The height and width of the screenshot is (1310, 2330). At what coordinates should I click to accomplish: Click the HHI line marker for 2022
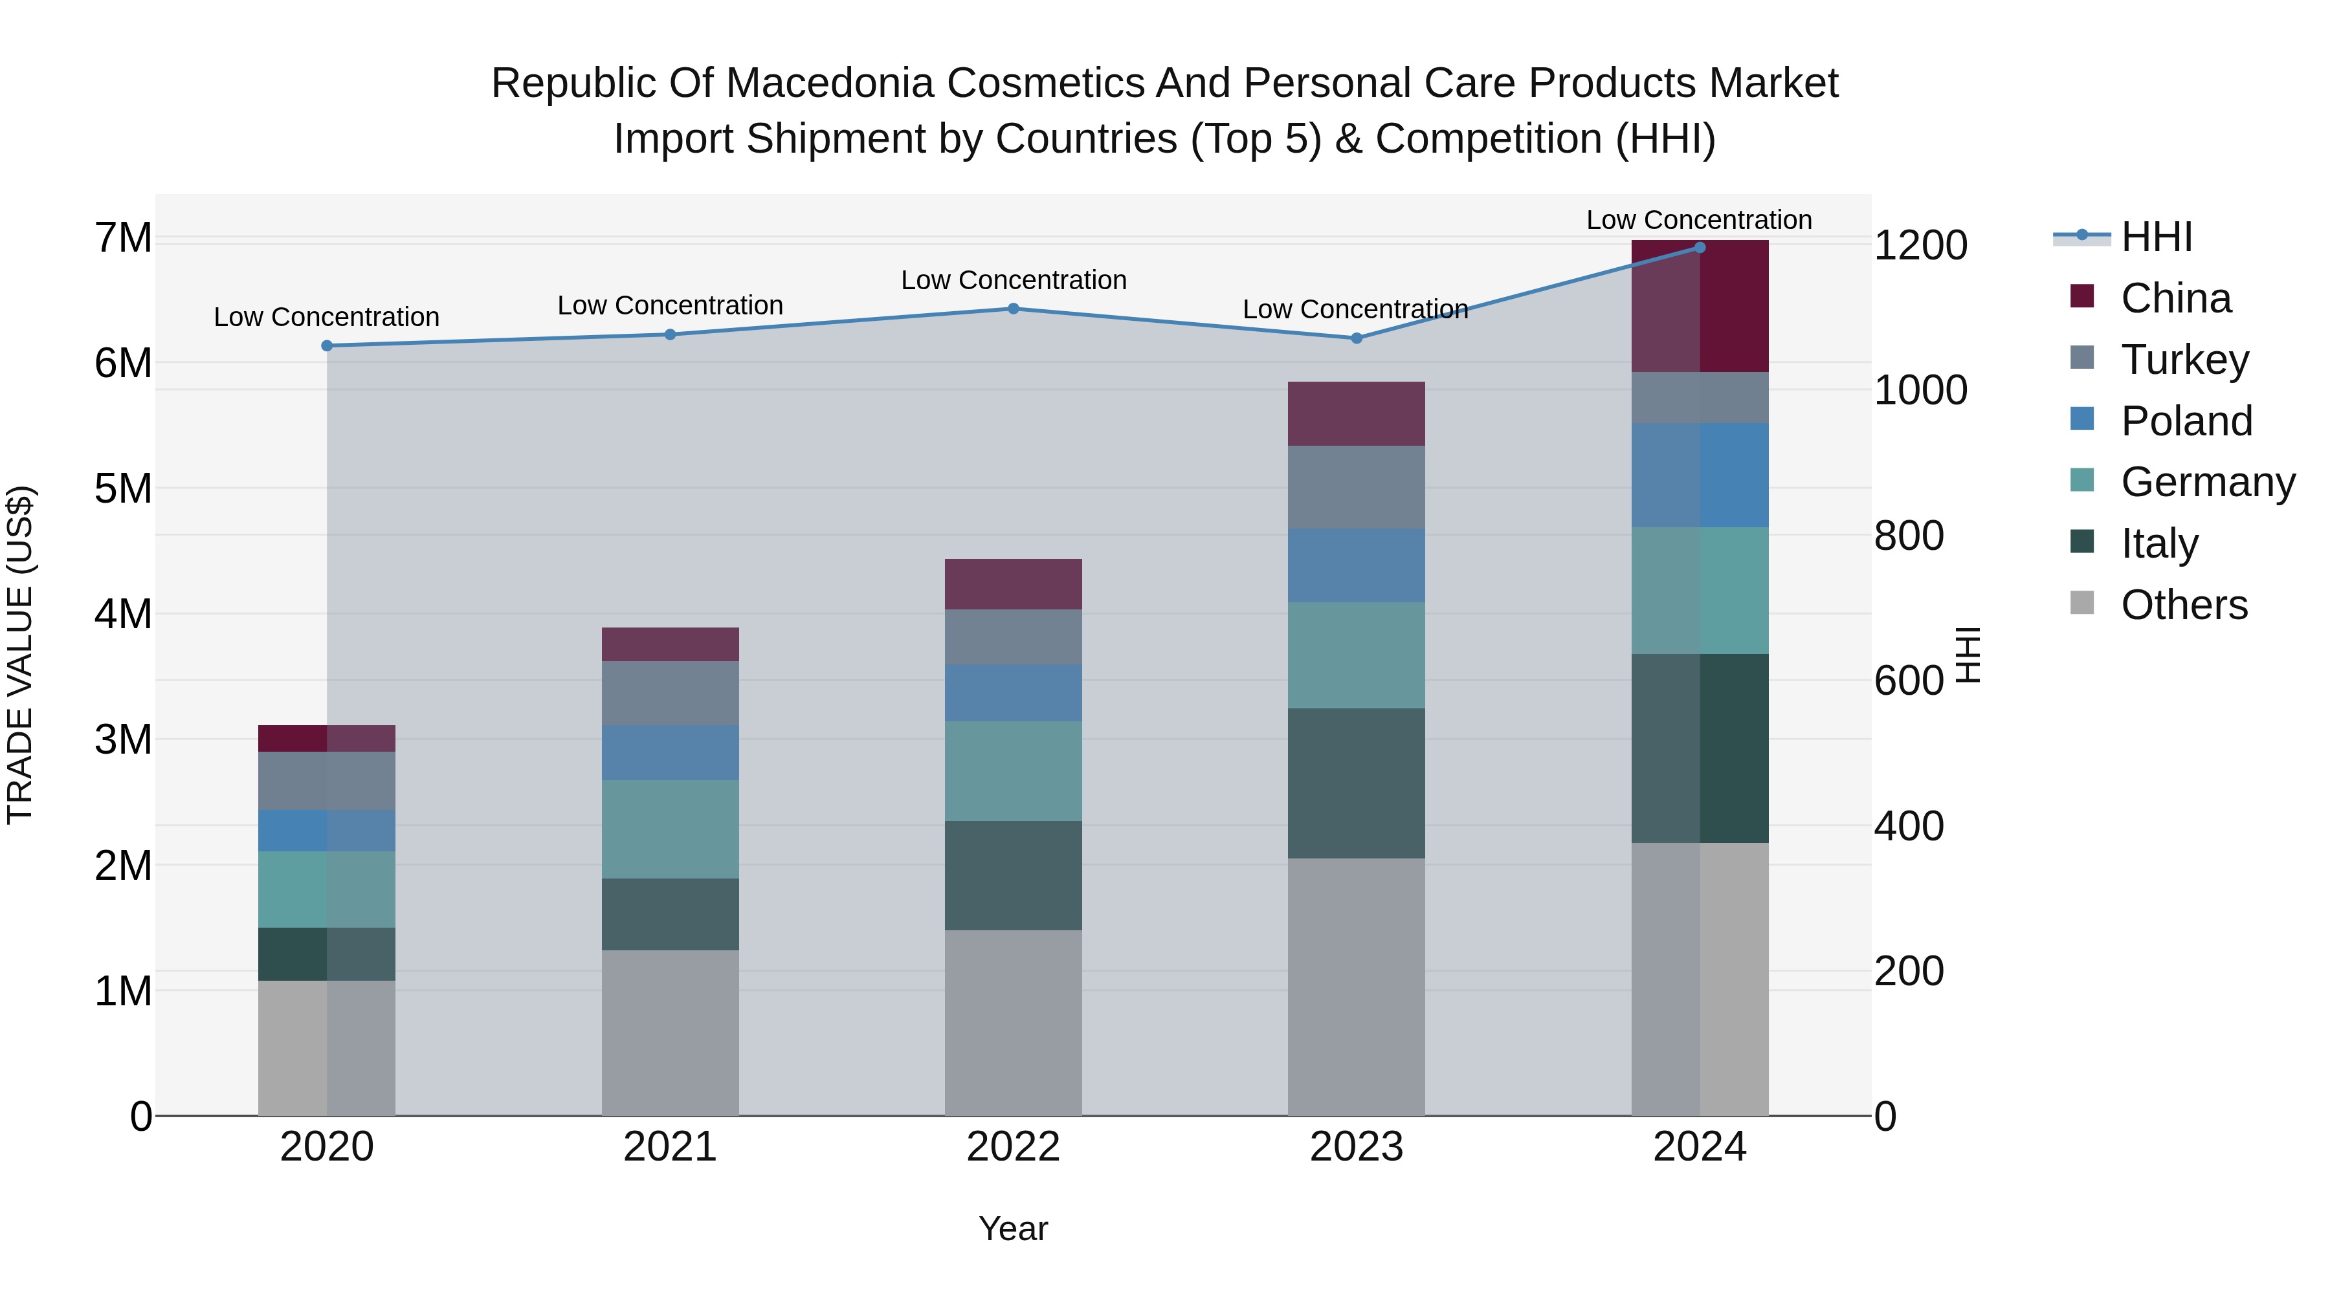point(1013,309)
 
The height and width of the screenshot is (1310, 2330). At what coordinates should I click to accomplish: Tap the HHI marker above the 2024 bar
point(1700,248)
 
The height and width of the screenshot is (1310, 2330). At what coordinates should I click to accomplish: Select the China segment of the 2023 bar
point(1356,414)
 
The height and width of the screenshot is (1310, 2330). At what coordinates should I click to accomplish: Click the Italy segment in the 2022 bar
point(1013,875)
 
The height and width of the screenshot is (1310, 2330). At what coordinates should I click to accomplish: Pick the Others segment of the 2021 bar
point(671,1032)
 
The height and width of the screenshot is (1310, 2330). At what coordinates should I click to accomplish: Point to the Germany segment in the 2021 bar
point(671,829)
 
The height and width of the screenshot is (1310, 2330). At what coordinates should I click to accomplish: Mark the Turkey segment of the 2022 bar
point(1013,637)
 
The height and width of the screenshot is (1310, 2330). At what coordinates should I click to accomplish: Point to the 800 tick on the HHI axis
point(1909,536)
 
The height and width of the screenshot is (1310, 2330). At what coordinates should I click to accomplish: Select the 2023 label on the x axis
point(1356,1147)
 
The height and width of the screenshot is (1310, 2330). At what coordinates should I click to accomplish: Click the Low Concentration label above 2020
point(327,318)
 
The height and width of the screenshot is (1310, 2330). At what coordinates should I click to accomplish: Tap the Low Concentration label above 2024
point(1699,221)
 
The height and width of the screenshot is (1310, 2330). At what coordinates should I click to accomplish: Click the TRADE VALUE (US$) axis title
point(20,655)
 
